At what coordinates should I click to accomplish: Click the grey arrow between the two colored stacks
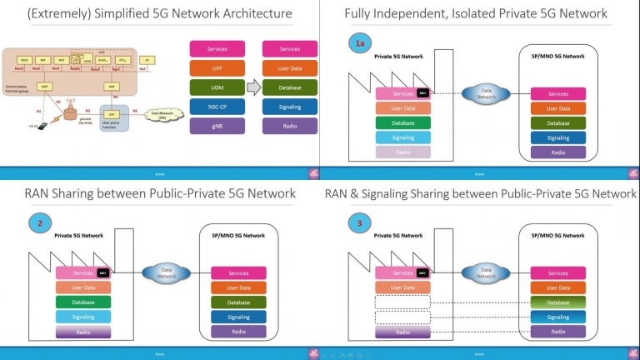click(x=252, y=87)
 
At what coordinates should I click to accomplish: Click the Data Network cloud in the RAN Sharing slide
click(x=166, y=273)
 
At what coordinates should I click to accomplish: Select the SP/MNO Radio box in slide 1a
click(x=557, y=152)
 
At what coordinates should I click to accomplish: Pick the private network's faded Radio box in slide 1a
click(x=403, y=152)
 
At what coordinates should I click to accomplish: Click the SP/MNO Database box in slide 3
click(x=557, y=302)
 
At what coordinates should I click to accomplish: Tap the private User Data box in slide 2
click(x=83, y=287)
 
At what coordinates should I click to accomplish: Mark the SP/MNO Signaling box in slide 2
click(x=238, y=317)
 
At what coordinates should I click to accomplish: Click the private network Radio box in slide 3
click(x=403, y=332)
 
